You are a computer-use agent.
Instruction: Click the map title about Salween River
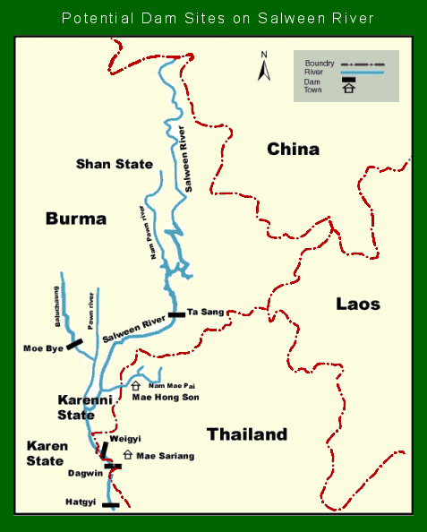[213, 18]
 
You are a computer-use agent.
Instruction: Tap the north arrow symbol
[264, 66]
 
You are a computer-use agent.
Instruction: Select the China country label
[293, 149]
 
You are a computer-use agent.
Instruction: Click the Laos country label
[358, 304]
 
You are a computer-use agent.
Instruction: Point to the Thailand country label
[247, 434]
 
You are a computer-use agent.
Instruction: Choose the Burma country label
[76, 219]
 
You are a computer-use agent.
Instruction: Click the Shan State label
[115, 164]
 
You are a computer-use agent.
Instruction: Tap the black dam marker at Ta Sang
[175, 314]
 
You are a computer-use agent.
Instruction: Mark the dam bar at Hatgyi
[111, 505]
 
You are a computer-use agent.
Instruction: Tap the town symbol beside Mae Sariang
[127, 455]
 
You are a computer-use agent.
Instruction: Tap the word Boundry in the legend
[319, 64]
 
